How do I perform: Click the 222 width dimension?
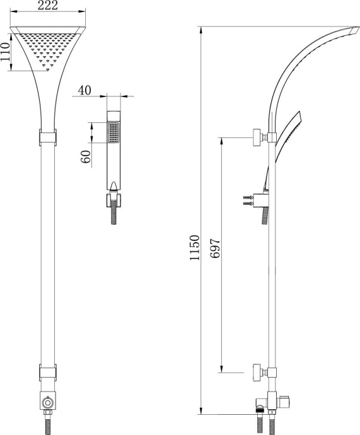click(48, 6)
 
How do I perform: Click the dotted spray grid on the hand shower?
click(113, 133)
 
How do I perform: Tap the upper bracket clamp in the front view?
click(48, 137)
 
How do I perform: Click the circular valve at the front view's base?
click(48, 401)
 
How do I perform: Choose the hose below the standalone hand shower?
click(113, 215)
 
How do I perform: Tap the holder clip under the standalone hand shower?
click(113, 200)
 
